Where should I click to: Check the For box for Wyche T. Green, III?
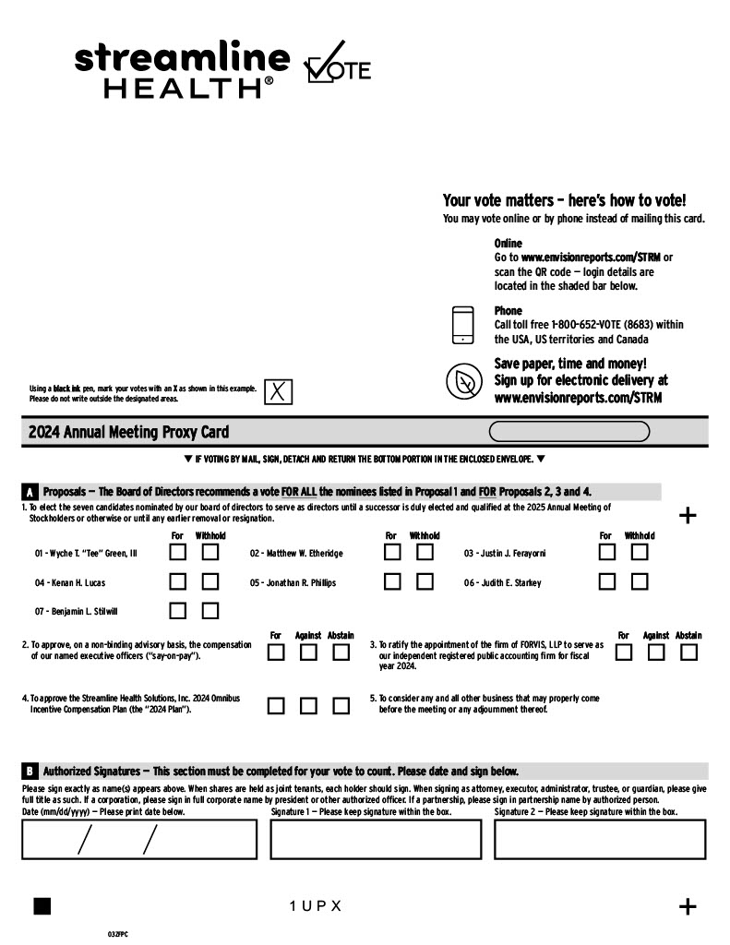(178, 553)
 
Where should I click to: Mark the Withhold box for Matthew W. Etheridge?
(425, 553)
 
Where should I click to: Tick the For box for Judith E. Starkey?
(606, 582)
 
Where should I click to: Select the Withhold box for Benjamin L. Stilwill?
(210, 611)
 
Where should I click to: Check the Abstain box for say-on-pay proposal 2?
(341, 652)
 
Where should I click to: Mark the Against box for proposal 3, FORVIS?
(656, 652)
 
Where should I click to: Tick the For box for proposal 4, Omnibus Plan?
(275, 706)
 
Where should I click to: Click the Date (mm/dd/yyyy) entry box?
(139, 839)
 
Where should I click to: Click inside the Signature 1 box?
(376, 839)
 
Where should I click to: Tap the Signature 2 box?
(600, 839)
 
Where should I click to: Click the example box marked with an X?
(278, 392)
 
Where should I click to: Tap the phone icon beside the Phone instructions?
(462, 325)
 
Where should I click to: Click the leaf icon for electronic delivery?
(464, 381)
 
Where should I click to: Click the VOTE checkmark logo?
(337, 65)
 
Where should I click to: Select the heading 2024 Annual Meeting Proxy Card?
(128, 432)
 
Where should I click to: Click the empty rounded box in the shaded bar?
(568, 432)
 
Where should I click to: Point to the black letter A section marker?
(30, 493)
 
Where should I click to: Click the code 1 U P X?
(316, 906)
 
